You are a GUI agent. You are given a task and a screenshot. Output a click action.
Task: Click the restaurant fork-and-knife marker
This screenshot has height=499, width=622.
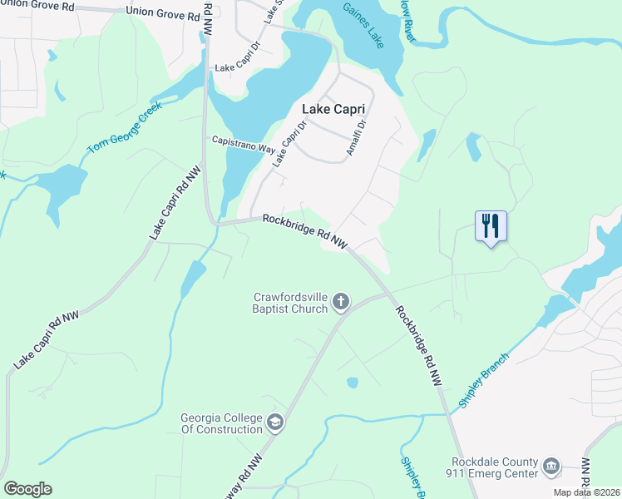coord(490,225)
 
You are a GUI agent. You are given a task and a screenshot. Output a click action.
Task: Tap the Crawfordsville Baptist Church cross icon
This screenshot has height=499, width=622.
coord(341,302)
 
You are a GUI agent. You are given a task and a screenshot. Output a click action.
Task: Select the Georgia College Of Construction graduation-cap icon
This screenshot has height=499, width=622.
coord(275,423)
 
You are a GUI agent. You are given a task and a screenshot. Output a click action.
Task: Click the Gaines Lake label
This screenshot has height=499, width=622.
coord(363,26)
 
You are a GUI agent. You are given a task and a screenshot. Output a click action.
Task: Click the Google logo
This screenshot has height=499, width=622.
coord(27,489)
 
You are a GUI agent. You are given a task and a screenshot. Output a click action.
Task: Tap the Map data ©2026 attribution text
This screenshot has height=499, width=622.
coord(584,492)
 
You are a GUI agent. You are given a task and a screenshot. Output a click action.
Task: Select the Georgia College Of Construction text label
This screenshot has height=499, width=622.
coord(221,424)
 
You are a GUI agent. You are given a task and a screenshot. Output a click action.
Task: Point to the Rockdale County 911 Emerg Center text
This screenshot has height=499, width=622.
coord(495,468)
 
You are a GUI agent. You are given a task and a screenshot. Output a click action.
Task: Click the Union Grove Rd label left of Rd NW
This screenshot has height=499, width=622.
coord(163,14)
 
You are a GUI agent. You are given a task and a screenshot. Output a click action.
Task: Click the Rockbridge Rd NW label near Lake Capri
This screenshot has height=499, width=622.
coord(304,230)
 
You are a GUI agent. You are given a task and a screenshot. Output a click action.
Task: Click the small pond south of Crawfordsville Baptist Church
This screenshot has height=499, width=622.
coord(353,383)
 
